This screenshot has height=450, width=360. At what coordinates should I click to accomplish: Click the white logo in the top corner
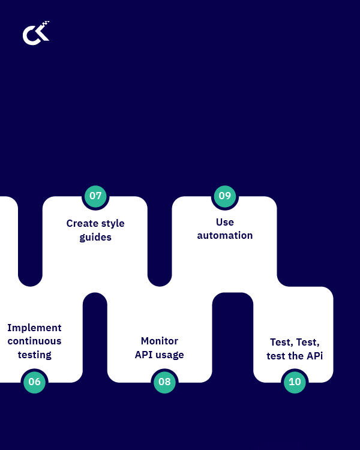[x=36, y=34]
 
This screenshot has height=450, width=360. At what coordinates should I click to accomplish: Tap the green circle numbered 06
[x=34, y=382]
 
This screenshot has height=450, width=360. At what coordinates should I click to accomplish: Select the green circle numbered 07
[x=95, y=196]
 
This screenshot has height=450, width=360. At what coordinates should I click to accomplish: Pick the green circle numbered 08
[x=164, y=382]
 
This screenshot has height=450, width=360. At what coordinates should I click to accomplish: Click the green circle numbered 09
[x=225, y=196]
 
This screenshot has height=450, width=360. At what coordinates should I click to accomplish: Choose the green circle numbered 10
[x=295, y=382]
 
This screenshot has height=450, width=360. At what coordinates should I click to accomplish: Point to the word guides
[x=95, y=238]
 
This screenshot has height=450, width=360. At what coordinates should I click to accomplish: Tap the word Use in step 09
[x=225, y=222]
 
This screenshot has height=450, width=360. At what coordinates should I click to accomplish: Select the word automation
[x=225, y=236]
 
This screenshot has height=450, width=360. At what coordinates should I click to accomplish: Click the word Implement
[x=34, y=328]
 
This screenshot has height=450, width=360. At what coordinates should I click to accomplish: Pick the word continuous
[x=34, y=341]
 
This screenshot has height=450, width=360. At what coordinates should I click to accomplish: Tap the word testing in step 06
[x=34, y=355]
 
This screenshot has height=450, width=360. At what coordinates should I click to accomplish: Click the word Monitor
[x=160, y=341]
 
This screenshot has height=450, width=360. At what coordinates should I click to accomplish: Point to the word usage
[x=170, y=355]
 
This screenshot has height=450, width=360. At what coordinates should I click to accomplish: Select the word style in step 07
[x=112, y=223]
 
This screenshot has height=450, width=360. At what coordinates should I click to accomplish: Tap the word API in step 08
[x=144, y=355]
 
